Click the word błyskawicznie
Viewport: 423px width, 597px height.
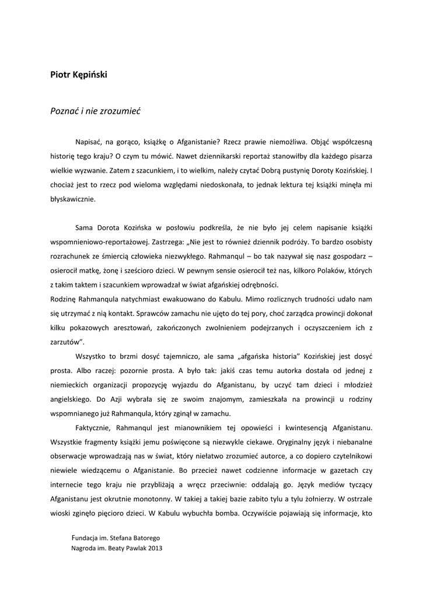click(73, 199)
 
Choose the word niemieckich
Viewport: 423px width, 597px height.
click(68, 384)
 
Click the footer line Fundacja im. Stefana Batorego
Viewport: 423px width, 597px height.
click(120, 536)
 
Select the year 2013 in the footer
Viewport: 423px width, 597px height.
click(155, 549)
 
